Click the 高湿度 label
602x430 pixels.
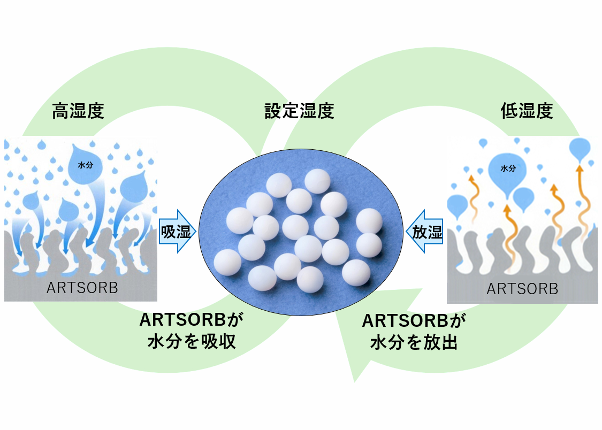(78, 111)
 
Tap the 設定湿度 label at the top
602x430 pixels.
(299, 111)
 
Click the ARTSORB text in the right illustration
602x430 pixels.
(522, 289)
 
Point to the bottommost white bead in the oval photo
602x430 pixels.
(310, 279)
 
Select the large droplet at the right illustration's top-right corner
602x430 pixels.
(580, 148)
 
